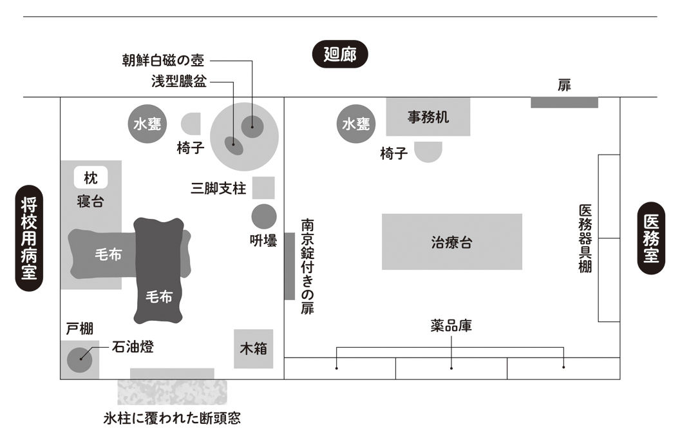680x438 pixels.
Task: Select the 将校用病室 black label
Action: coord(28,238)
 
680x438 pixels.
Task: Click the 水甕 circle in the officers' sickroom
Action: coord(147,124)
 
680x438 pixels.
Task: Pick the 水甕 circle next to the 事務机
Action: coord(355,124)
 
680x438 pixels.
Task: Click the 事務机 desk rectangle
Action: coord(428,117)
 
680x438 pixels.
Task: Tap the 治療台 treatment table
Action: coord(451,242)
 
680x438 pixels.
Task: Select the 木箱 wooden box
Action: coord(253,349)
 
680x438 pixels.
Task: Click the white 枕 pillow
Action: coord(91,178)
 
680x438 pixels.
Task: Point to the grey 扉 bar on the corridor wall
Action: coord(564,102)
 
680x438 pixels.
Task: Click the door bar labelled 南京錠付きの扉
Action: coord(289,265)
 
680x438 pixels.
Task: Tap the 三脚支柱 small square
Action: coord(263,187)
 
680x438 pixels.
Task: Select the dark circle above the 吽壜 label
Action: coord(263,216)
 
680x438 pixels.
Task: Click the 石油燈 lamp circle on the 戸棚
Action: coord(80,358)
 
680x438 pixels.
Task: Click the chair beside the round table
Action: coord(193,124)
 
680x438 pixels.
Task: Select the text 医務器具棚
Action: coord(585,238)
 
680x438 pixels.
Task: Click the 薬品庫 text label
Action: coord(451,326)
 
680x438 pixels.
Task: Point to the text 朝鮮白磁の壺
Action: coord(164,61)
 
